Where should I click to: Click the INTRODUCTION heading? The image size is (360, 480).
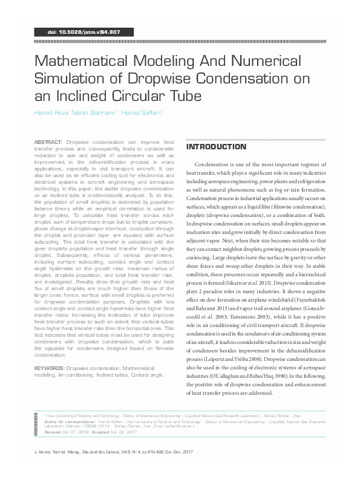click(216, 148)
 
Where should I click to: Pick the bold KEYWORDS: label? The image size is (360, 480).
click(50, 367)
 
